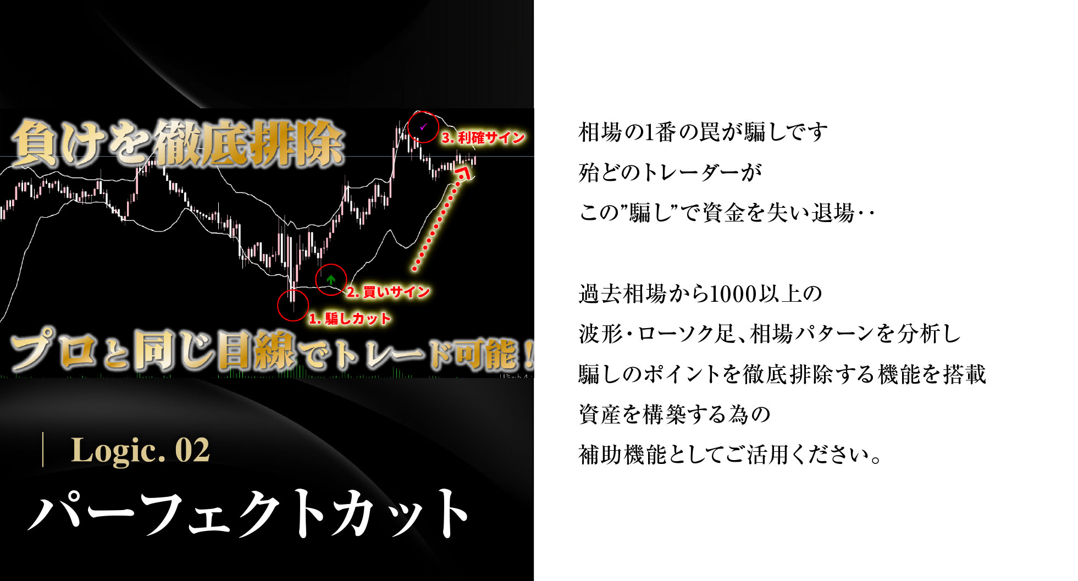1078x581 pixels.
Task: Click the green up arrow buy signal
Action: (330, 279)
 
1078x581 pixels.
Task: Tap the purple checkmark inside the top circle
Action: (423, 126)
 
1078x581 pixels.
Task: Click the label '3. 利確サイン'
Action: (483, 137)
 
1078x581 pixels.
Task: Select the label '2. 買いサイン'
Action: (388, 292)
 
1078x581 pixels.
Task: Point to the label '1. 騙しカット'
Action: (350, 318)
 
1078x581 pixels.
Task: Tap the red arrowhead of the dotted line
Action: (465, 173)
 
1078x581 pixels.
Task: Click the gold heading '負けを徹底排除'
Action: (177, 143)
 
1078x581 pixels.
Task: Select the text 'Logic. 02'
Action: (140, 450)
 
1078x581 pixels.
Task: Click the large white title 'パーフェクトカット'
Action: (248, 513)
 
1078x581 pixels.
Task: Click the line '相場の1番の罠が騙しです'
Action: (703, 132)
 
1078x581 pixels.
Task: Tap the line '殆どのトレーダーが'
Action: (670, 173)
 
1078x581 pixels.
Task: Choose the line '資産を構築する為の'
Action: (675, 414)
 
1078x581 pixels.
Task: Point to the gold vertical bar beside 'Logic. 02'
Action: (43, 450)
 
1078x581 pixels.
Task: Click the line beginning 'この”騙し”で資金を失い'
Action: (727, 213)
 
